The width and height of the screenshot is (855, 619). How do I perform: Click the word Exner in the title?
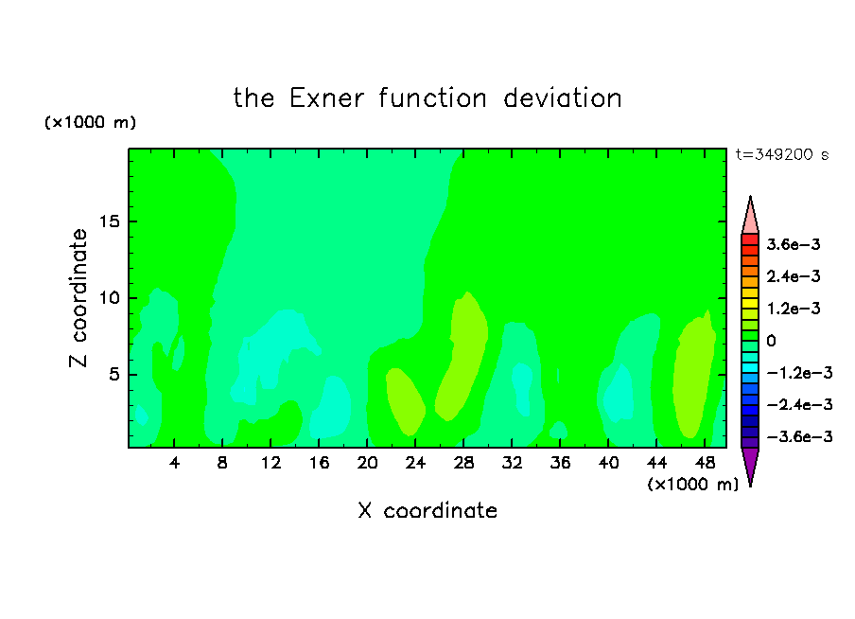click(x=326, y=98)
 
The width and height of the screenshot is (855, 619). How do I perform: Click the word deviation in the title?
click(x=562, y=98)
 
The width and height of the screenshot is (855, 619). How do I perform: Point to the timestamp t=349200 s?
click(x=782, y=154)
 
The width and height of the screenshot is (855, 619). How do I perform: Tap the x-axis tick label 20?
click(x=367, y=463)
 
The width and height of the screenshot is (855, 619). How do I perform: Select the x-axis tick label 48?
click(x=705, y=463)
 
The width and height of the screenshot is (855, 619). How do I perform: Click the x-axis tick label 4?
click(x=174, y=463)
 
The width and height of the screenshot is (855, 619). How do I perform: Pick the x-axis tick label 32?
click(x=512, y=463)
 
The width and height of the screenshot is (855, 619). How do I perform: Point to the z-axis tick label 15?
click(x=109, y=221)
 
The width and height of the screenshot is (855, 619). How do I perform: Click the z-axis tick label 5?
click(x=113, y=375)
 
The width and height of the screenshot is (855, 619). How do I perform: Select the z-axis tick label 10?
click(x=109, y=298)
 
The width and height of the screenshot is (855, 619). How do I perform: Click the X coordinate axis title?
click(x=427, y=510)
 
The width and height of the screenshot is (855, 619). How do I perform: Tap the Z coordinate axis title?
click(x=79, y=298)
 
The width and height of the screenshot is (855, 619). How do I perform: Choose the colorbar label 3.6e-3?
click(x=793, y=244)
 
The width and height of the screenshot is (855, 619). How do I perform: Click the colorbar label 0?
click(x=771, y=341)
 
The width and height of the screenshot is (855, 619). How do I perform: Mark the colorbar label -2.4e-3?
click(x=799, y=404)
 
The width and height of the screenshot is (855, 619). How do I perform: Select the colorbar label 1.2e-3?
click(x=793, y=309)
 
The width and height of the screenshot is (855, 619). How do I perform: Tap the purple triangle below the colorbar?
click(x=750, y=464)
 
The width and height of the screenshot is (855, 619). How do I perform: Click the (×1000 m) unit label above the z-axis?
click(x=90, y=122)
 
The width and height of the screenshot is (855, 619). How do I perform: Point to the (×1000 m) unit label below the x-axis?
click(x=692, y=484)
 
